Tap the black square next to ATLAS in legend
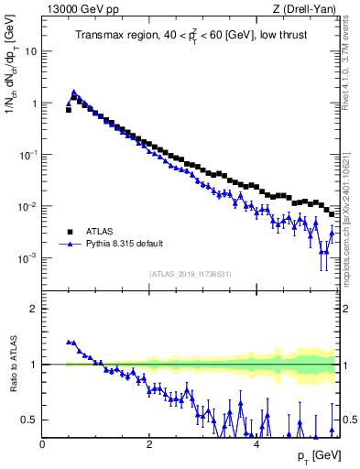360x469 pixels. (69, 232)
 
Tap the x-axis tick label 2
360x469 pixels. (149, 444)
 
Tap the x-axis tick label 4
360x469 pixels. (256, 444)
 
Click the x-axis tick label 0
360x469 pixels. (43, 444)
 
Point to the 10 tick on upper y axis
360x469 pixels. (31, 51)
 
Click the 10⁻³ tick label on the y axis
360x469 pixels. (27, 258)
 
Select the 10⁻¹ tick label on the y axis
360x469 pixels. (27, 155)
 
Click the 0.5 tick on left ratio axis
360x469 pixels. (29, 420)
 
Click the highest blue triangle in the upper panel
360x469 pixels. (74, 92)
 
